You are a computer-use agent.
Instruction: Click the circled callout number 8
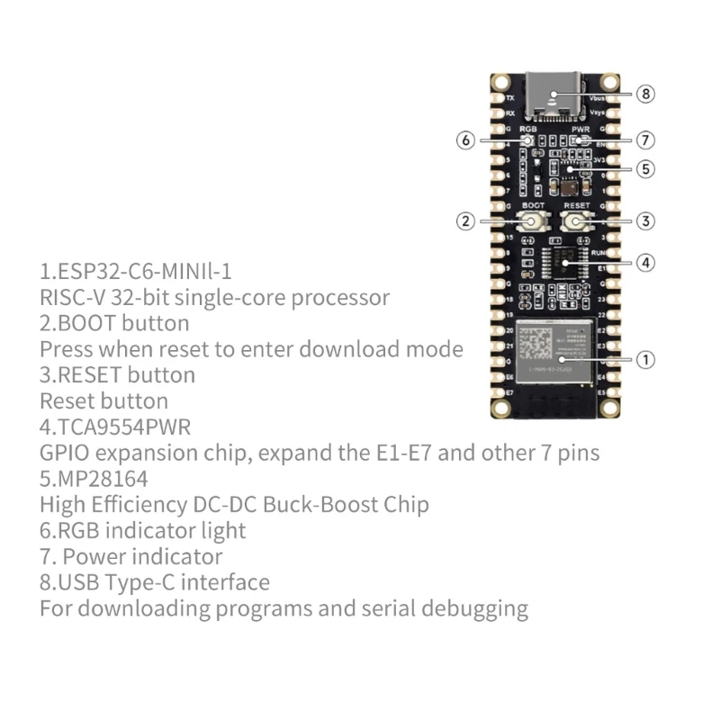coord(644,94)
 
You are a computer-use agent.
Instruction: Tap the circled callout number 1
coord(644,360)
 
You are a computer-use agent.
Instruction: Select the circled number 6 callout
coord(465,140)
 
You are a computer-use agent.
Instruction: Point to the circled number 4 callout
coord(644,263)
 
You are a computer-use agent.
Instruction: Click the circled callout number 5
coord(644,168)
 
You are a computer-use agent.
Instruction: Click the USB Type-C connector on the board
coord(552,99)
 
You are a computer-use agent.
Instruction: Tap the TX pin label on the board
coord(510,97)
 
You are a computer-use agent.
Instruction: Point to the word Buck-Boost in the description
coord(320,504)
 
